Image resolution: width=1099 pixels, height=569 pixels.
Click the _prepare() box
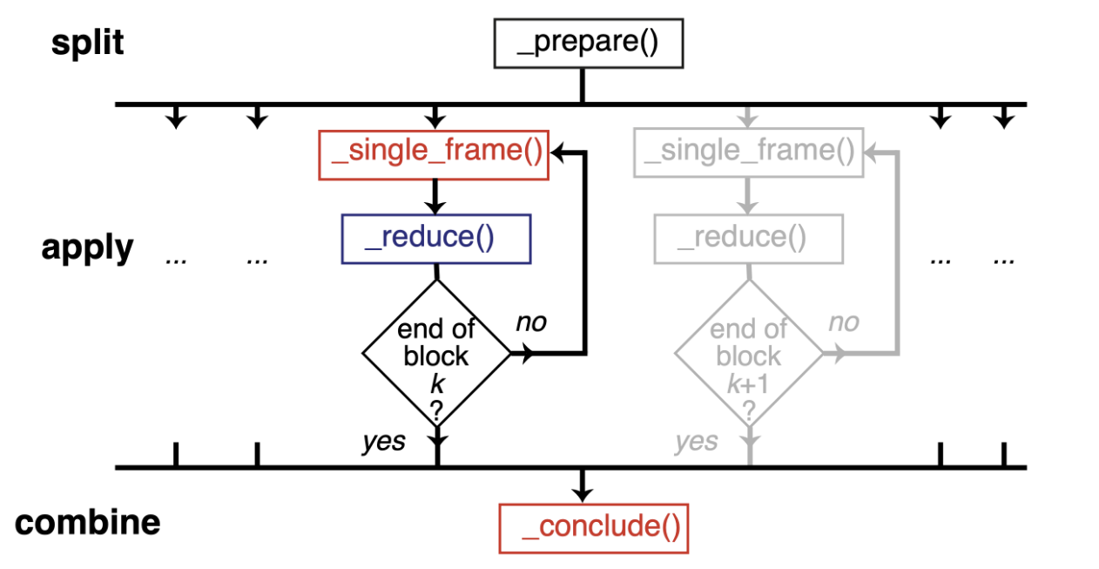588,44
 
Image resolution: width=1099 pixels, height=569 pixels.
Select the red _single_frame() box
434,154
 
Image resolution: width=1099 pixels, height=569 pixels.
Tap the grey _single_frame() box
749,154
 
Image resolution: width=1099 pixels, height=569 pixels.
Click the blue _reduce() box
435,238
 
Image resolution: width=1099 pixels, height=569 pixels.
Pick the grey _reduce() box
748,238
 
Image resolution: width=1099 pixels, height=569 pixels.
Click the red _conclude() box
593,528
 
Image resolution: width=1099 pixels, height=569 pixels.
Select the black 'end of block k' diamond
436,353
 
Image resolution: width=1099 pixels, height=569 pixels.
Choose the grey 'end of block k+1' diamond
748,353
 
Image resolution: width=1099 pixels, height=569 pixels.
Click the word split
87,43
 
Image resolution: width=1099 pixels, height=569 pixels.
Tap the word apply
87,248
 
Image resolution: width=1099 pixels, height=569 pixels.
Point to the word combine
88,523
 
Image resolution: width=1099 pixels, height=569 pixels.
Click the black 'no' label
531,322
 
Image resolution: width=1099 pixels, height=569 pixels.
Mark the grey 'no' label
843,322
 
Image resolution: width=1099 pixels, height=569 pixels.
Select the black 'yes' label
384,442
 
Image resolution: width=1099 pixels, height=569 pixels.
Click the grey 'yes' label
696,442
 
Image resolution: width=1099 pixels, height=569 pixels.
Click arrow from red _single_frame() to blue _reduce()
435,197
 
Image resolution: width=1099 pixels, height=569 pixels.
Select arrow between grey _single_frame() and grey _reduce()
748,197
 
